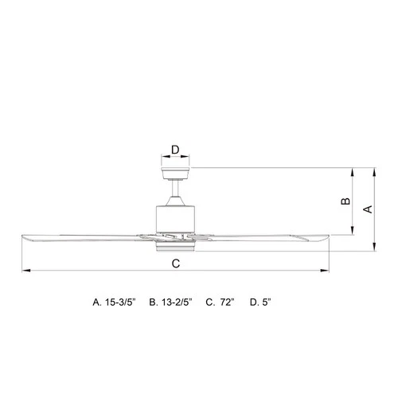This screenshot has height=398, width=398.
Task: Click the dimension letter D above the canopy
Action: pyautogui.click(x=175, y=148)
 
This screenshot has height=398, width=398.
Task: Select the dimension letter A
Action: pyautogui.click(x=367, y=209)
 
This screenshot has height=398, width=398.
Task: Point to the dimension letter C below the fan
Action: pyautogui.click(x=175, y=263)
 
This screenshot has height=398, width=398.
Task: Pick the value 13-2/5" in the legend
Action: pyautogui.click(x=176, y=302)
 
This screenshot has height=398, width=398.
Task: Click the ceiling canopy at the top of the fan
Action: pyautogui.click(x=176, y=171)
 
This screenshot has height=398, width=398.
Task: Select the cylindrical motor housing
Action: pyautogui.click(x=176, y=214)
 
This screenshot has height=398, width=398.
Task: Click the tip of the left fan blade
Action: pyautogui.click(x=24, y=236)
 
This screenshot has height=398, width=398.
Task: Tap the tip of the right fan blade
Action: pyautogui.click(x=326, y=236)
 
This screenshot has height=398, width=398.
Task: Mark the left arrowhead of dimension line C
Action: pyautogui.click(x=25, y=272)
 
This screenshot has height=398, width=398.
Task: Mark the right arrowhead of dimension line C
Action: pyautogui.click(x=326, y=272)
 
